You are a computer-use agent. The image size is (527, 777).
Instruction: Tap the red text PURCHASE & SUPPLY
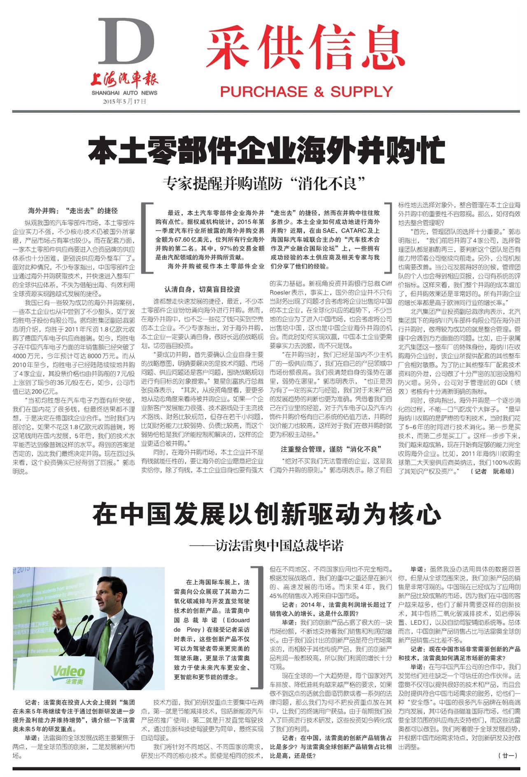click(306, 91)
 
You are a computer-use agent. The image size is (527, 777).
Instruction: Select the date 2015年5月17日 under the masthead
click(124, 101)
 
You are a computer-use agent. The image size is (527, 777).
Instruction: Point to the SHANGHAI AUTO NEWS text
click(124, 93)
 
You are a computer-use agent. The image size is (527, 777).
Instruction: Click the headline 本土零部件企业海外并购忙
click(266, 151)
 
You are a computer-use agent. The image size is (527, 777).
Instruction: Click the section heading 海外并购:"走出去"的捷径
click(73, 211)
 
